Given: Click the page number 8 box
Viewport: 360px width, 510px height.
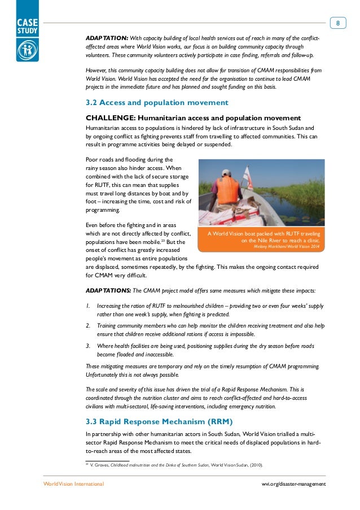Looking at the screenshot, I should (x=337, y=23).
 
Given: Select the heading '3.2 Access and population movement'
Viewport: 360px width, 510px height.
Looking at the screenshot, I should (x=156, y=103).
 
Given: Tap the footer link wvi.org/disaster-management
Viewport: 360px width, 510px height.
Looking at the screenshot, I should (x=293, y=485).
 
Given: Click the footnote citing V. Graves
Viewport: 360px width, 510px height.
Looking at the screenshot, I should (x=175, y=465).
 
